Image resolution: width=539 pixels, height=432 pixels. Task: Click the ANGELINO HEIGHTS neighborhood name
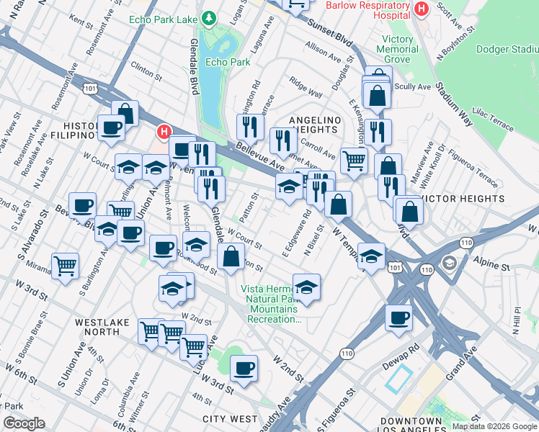coord(313,125)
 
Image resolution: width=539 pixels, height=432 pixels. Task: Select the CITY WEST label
coord(230,418)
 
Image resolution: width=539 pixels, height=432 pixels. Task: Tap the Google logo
coord(24,423)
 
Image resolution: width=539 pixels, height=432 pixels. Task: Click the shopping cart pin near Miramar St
coord(66,266)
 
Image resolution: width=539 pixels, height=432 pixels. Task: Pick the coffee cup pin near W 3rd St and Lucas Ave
coord(244,368)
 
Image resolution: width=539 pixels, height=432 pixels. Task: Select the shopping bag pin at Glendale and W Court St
coord(231,257)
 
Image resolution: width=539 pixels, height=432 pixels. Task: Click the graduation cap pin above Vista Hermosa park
coord(306,286)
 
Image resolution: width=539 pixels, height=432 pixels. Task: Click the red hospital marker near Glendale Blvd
coord(164,132)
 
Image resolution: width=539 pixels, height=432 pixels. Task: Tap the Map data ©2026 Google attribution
coord(494,426)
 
